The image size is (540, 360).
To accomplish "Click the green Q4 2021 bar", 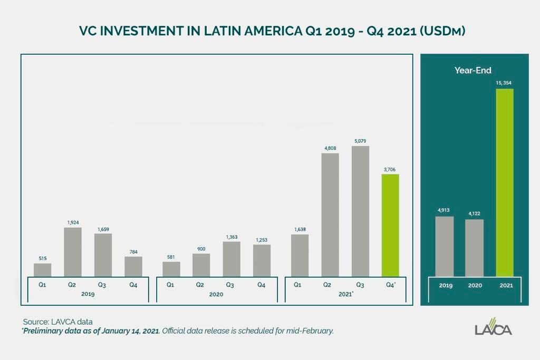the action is pyautogui.click(x=390, y=225).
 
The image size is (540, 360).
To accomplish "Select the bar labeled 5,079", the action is pyautogui.click(x=360, y=211).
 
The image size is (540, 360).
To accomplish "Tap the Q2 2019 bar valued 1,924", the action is pyautogui.click(x=73, y=252).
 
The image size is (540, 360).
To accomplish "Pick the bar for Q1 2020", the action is pyautogui.click(x=171, y=269).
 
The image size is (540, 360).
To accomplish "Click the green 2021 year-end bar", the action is pyautogui.click(x=505, y=182).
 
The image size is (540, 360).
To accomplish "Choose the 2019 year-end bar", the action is pyautogui.click(x=445, y=247).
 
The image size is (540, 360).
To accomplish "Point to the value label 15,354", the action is pyautogui.click(x=504, y=83).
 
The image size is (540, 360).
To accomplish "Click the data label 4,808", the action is pyautogui.click(x=330, y=148).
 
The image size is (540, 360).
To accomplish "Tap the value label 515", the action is pyautogui.click(x=42, y=258).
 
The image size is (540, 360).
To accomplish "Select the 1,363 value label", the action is pyautogui.click(x=232, y=237).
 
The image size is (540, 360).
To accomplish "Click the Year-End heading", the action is pyautogui.click(x=473, y=70).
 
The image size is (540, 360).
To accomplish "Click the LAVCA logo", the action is pyautogui.click(x=493, y=327).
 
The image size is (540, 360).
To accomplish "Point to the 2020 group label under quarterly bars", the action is pyautogui.click(x=216, y=294).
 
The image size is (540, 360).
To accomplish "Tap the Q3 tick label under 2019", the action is pyautogui.click(x=102, y=285).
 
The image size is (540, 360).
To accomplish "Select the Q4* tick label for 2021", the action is pyautogui.click(x=391, y=285).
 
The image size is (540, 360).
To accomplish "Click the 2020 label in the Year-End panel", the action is pyautogui.click(x=475, y=285).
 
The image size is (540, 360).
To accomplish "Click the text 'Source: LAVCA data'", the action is pyautogui.click(x=58, y=322).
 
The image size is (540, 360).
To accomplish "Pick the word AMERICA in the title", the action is pyautogui.click(x=274, y=31).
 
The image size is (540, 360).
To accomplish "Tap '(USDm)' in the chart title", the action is pyautogui.click(x=442, y=31).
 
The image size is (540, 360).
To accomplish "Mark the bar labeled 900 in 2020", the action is pyautogui.click(x=201, y=265).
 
